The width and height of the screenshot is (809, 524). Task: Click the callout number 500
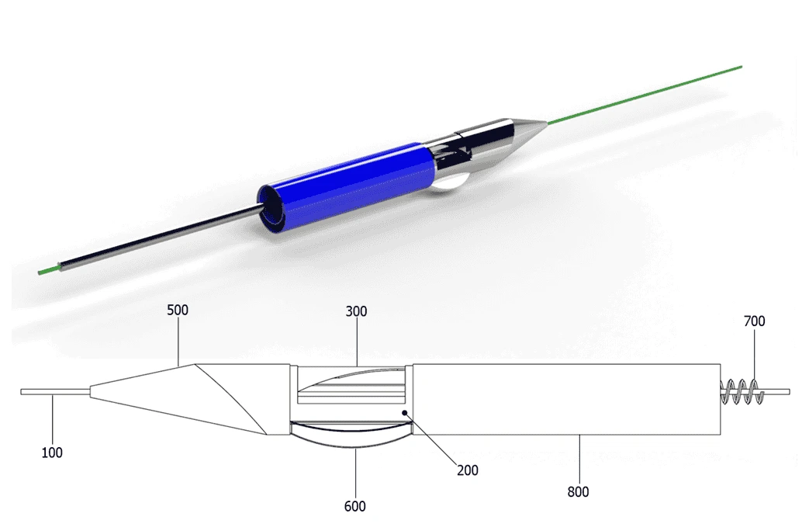coord(178,311)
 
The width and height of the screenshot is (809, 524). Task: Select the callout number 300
coord(357,312)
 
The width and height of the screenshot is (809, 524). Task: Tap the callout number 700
coord(753,321)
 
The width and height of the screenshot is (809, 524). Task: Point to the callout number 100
coord(51,453)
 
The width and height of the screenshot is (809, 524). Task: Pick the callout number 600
coord(354,507)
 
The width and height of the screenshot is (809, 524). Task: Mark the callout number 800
coord(578,491)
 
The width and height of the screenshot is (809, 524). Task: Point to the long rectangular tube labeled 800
coord(566,397)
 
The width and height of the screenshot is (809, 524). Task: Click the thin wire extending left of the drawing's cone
coord(54,392)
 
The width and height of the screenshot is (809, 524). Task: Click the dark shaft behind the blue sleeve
coord(155,241)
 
